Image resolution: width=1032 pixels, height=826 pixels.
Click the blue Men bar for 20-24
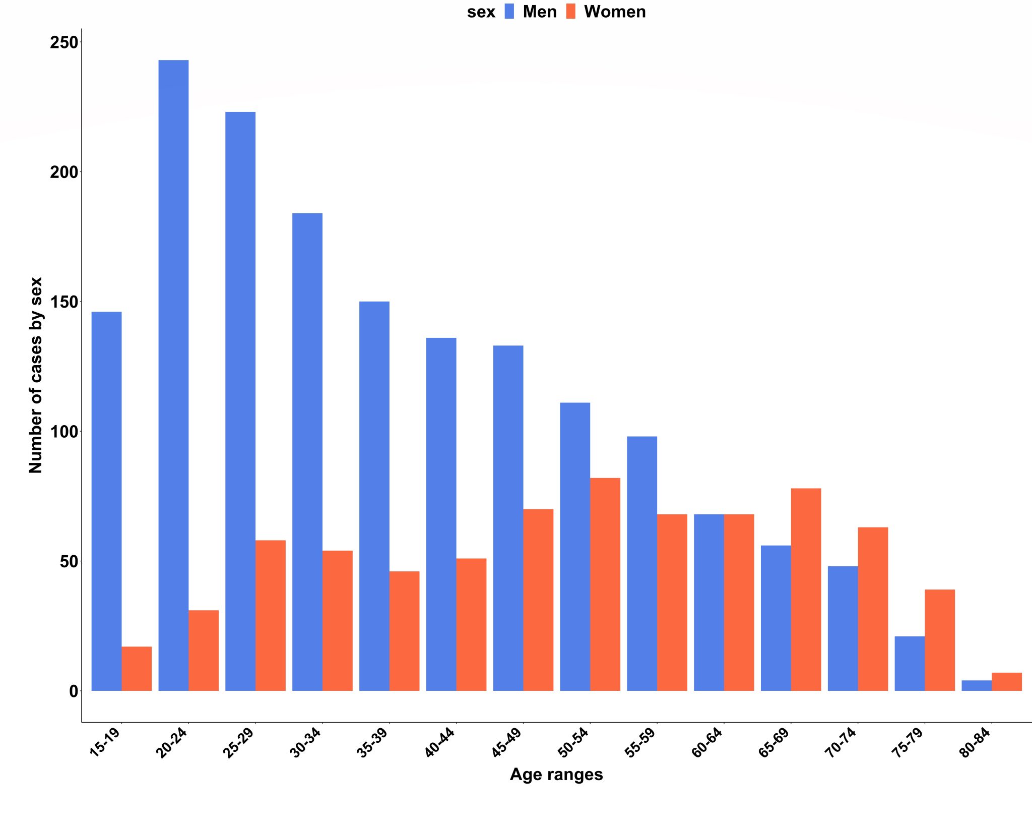click(173, 376)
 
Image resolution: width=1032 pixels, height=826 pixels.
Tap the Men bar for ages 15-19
click(106, 501)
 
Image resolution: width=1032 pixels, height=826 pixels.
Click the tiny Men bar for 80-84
click(976, 686)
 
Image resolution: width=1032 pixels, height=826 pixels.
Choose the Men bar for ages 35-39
click(374, 496)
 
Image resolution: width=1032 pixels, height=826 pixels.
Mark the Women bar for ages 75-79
click(939, 640)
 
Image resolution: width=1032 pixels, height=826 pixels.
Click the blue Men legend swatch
click(509, 12)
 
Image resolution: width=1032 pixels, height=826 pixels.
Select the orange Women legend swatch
click(570, 12)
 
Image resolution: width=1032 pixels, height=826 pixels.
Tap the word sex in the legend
click(481, 12)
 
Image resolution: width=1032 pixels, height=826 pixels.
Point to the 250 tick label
click(64, 42)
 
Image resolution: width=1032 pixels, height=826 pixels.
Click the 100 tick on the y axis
click(64, 432)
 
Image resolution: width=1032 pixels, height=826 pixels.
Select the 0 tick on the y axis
click(74, 691)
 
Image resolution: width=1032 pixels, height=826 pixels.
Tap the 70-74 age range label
click(841, 743)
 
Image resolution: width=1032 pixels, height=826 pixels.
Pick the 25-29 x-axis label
click(238, 743)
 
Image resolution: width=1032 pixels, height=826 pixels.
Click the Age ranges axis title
click(556, 774)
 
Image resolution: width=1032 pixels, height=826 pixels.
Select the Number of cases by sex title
click(35, 375)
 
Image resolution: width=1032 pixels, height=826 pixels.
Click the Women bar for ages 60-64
click(739, 602)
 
